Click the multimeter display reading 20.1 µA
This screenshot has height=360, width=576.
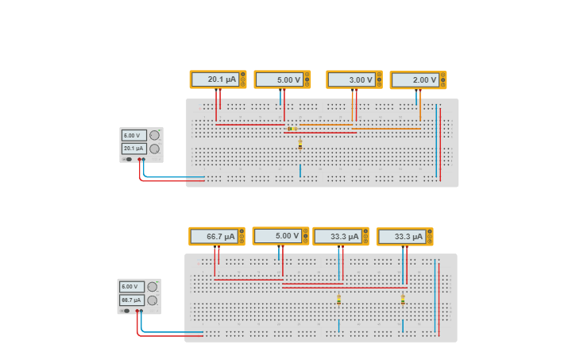tap(215, 79)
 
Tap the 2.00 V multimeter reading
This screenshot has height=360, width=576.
tap(415, 80)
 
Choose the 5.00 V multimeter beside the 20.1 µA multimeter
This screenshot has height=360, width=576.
tap(280, 79)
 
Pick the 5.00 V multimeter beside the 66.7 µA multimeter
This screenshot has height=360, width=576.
tap(278, 236)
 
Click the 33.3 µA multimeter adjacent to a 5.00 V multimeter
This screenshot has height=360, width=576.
tap(338, 236)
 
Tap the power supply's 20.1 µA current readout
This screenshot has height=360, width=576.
tap(133, 149)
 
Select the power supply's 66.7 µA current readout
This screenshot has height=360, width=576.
tap(132, 300)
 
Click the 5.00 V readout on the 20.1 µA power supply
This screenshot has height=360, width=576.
tap(133, 136)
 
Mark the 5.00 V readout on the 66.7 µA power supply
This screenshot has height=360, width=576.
tap(132, 287)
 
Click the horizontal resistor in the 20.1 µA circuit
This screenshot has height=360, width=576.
tap(292, 128)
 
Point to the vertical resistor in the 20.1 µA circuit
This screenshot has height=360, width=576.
tap(300, 145)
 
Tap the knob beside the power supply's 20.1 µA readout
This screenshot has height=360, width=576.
tap(154, 149)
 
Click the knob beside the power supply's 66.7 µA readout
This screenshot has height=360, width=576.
tap(153, 300)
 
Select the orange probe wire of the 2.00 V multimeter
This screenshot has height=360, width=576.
tap(420, 107)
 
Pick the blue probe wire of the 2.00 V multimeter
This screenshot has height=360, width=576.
tap(416, 97)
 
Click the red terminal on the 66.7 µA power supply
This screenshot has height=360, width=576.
tap(137, 311)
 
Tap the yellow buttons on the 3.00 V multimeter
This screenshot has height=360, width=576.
tap(379, 79)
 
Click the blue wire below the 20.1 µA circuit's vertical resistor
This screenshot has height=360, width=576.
tap(300, 170)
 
